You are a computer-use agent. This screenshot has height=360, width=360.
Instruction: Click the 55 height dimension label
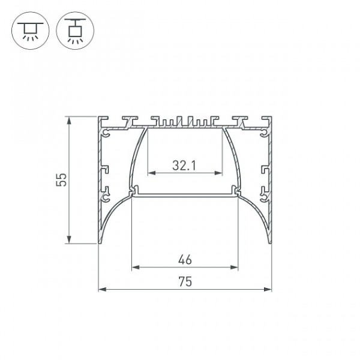pyautogui.click(x=61, y=180)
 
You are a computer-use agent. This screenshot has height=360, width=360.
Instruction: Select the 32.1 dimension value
pyautogui.click(x=184, y=166)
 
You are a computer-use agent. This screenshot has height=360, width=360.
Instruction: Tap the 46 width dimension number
pyautogui.click(x=185, y=260)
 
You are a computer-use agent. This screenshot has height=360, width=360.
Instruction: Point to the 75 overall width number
pyautogui.click(x=185, y=281)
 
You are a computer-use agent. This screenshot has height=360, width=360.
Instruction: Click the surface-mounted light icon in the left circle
pyautogui.click(x=31, y=31)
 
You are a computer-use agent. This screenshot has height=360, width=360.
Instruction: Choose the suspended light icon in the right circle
pyautogui.click(x=75, y=31)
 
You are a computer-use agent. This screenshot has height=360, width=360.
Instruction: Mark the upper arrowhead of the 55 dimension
pyautogui.click(x=68, y=121)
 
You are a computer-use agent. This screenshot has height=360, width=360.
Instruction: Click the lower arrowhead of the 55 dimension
pyautogui.click(x=68, y=239)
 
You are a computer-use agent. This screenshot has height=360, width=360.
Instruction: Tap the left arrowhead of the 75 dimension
pyautogui.click(x=103, y=289)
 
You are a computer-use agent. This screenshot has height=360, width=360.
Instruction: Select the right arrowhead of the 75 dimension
pyautogui.click(x=268, y=289)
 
